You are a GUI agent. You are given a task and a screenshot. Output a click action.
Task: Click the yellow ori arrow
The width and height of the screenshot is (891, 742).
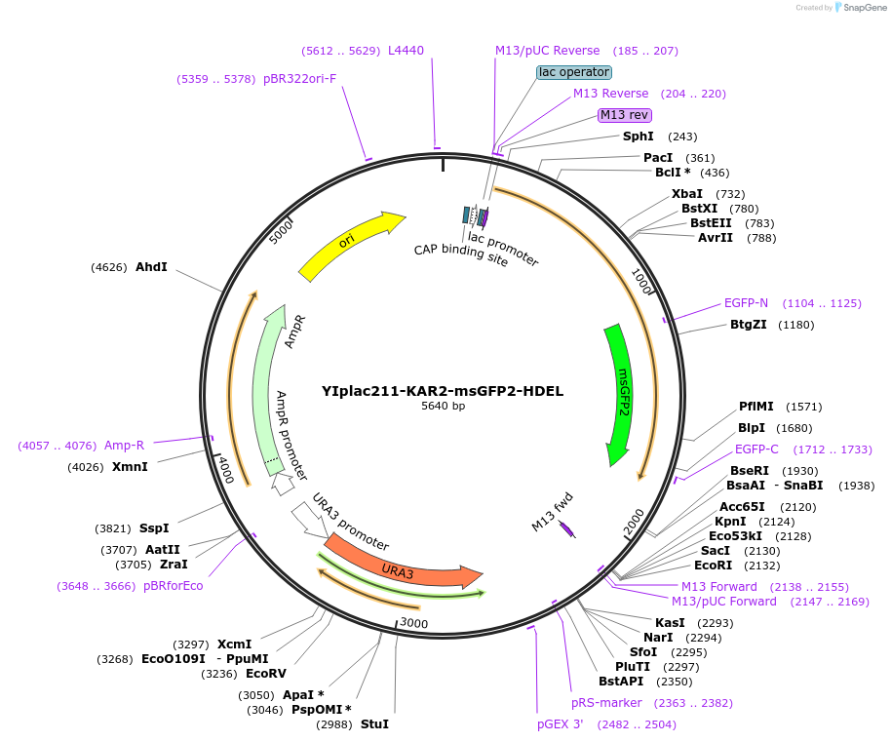348,243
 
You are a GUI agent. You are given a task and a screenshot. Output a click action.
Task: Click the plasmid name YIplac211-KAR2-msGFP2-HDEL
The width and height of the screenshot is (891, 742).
443,391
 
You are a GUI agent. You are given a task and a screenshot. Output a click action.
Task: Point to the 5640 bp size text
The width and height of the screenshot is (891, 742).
443,406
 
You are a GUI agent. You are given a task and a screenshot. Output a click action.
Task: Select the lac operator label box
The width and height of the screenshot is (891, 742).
574,72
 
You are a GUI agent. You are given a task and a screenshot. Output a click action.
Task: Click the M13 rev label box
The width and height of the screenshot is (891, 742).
624,115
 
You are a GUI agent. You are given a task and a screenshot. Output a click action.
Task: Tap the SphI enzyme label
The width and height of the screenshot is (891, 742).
639,137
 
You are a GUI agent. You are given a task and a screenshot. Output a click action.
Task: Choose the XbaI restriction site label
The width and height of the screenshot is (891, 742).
687,194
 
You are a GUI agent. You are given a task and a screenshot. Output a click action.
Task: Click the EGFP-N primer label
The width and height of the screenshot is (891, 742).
746,303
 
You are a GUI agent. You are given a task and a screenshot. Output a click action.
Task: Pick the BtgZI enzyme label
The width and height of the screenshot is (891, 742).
748,325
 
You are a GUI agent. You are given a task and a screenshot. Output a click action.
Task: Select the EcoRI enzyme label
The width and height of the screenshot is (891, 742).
713,566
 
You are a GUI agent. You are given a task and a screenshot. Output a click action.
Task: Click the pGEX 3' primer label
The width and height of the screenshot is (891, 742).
560,724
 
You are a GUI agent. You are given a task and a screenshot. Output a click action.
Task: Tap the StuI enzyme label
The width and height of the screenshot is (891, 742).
374,724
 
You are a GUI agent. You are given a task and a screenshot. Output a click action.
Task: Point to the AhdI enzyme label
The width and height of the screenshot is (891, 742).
151,266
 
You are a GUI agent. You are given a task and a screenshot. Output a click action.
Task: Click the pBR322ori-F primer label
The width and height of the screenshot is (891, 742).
299,79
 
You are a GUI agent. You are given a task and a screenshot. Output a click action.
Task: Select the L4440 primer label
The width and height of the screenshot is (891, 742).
406,51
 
